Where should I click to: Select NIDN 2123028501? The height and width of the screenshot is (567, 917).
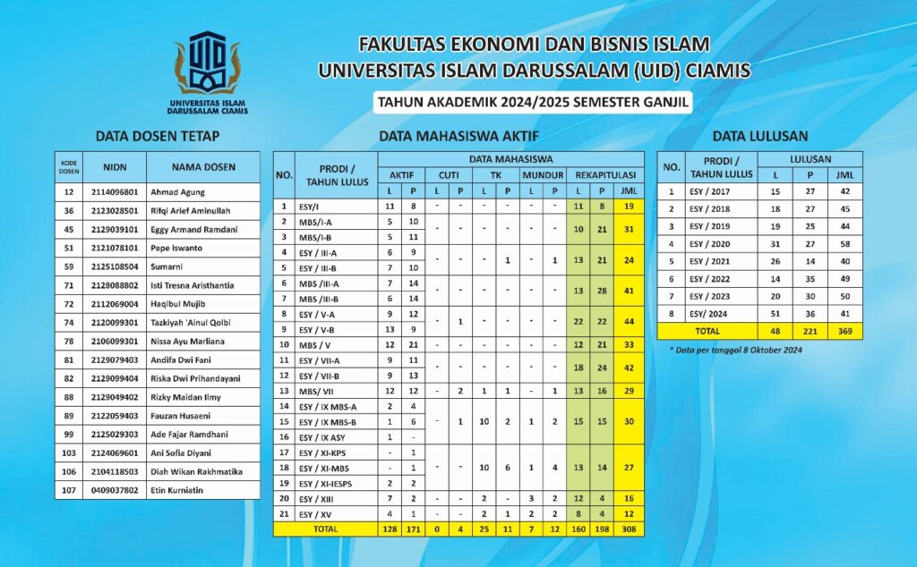coord(115,210)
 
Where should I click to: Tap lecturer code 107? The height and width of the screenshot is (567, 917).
coord(69,490)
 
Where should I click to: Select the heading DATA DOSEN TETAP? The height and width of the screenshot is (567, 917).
coord(157,137)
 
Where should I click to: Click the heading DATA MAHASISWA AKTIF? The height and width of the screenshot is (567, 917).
coord(458,137)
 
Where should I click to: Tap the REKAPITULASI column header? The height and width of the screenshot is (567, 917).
coord(605,174)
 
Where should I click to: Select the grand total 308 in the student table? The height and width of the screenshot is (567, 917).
coord(629,529)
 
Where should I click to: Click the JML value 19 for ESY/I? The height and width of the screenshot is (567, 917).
coord(629,206)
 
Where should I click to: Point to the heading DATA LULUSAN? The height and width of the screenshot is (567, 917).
coord(760,137)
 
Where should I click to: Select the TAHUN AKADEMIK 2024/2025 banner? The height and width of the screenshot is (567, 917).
coord(533,102)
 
